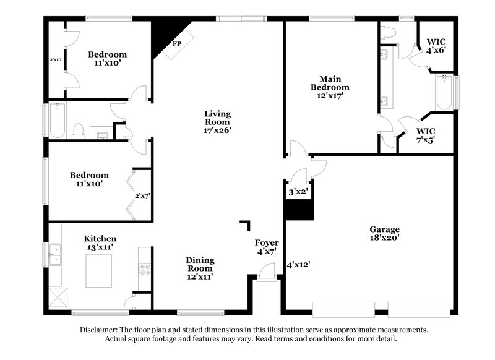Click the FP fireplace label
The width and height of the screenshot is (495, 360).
pos(177,45)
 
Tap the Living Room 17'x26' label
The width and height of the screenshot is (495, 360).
pos(218,122)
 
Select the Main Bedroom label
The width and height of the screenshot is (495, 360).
pos(326,87)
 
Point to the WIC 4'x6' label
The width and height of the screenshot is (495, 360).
pos(436,48)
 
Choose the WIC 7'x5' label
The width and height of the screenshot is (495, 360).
pos(425,135)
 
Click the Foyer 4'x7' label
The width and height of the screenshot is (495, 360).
pos(267,247)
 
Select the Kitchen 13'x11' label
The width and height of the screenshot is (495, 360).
pos(100,242)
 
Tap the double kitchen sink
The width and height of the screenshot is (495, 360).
pos(56,254)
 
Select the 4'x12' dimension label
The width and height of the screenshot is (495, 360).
pos(298,265)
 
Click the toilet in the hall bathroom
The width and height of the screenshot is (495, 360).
pos(78,131)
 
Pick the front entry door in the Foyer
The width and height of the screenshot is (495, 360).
pos(267,271)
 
